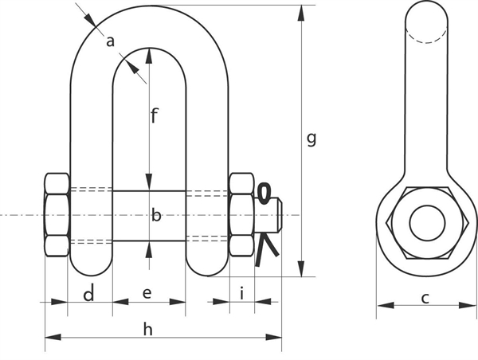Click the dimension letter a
pos(111,41)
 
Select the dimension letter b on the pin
pos(156,215)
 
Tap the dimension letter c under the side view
pos(425,298)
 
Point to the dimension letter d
pos(88,294)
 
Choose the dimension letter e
pos(147,293)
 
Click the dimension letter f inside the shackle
pos(155,115)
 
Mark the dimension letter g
pos(311,139)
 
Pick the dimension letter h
pos(148,329)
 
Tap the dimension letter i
pos(241,293)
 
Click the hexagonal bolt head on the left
pos(57,214)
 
